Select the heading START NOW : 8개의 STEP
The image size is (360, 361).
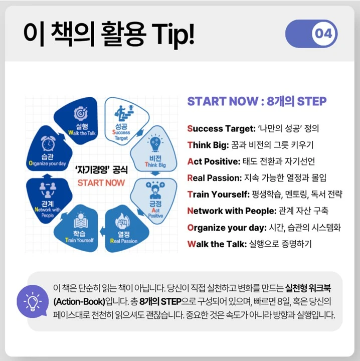tap(257, 101)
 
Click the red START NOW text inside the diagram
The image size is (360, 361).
tap(101, 182)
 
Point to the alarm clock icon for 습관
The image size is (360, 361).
tap(48, 144)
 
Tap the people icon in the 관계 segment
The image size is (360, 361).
tap(48, 189)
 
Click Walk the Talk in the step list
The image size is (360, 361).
tap(215, 244)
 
